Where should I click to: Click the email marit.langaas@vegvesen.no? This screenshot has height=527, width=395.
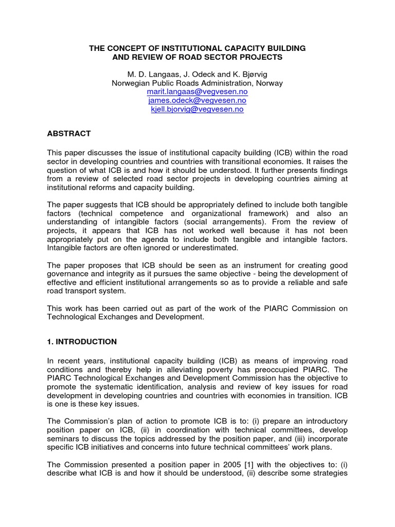point(197,92)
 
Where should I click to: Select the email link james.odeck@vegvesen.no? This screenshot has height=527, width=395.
point(197,100)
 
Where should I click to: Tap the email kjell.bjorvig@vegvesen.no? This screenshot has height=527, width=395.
point(197,109)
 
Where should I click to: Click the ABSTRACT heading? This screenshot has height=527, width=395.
point(69,133)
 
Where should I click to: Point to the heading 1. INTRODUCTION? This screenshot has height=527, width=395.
point(82,342)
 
